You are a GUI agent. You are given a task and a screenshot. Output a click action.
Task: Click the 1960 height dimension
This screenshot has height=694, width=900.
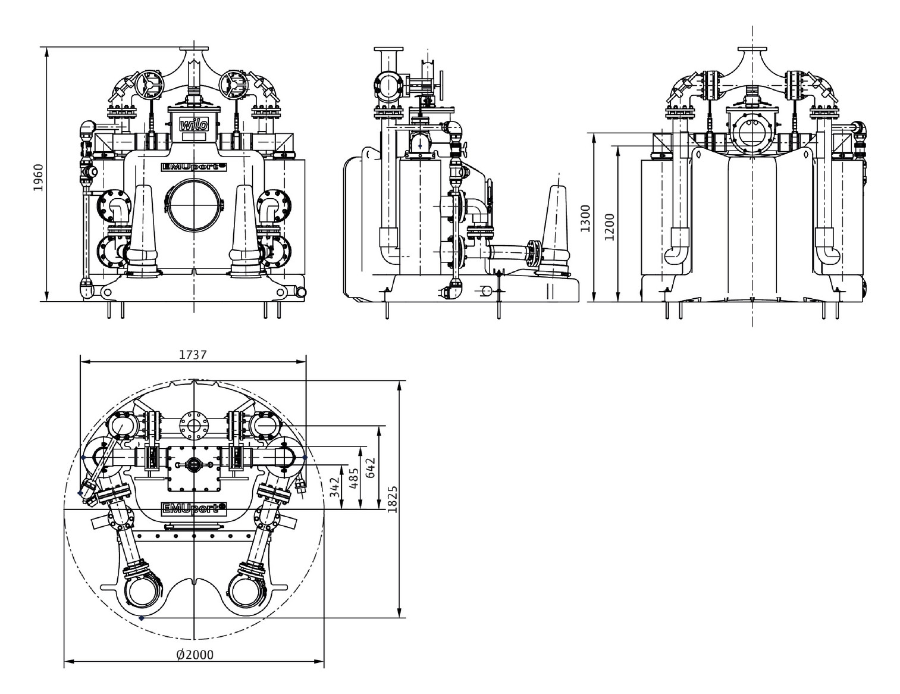pyautogui.click(x=38, y=177)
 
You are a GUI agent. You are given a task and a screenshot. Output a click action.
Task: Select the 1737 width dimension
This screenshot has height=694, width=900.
pyautogui.click(x=193, y=355)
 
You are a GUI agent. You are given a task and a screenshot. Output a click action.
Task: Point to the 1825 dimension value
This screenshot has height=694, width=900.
pyautogui.click(x=392, y=500)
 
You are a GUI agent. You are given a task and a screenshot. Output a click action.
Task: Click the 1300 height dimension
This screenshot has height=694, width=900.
pyautogui.click(x=585, y=218)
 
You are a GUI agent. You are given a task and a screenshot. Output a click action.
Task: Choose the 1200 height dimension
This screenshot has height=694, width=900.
pyautogui.click(x=609, y=227)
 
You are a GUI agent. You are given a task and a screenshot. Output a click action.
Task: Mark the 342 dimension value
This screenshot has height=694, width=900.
pyautogui.click(x=335, y=487)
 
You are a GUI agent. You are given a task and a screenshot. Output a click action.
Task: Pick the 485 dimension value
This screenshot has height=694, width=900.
pyautogui.click(x=354, y=479)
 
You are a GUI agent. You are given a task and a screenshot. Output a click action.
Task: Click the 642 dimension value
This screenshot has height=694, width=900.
pyautogui.click(x=371, y=467)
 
